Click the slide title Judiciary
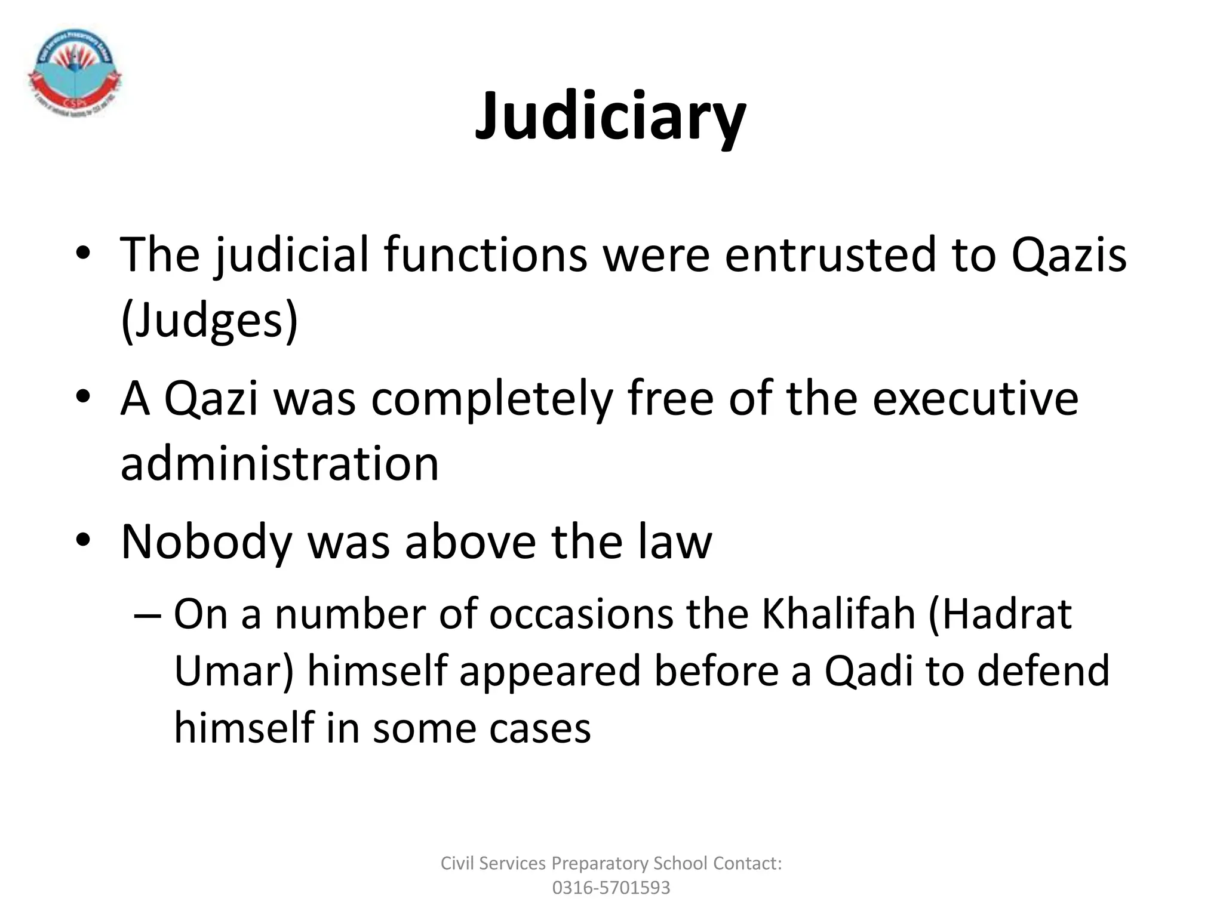(x=610, y=116)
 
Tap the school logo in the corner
(x=75, y=70)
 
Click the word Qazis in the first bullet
(x=1068, y=256)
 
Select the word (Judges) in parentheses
(x=209, y=321)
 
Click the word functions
(x=485, y=256)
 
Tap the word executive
(x=975, y=399)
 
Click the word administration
(x=279, y=464)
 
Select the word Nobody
(x=206, y=542)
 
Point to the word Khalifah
(x=838, y=614)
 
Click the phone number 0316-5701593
(x=611, y=888)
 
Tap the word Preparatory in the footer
(x=600, y=863)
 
